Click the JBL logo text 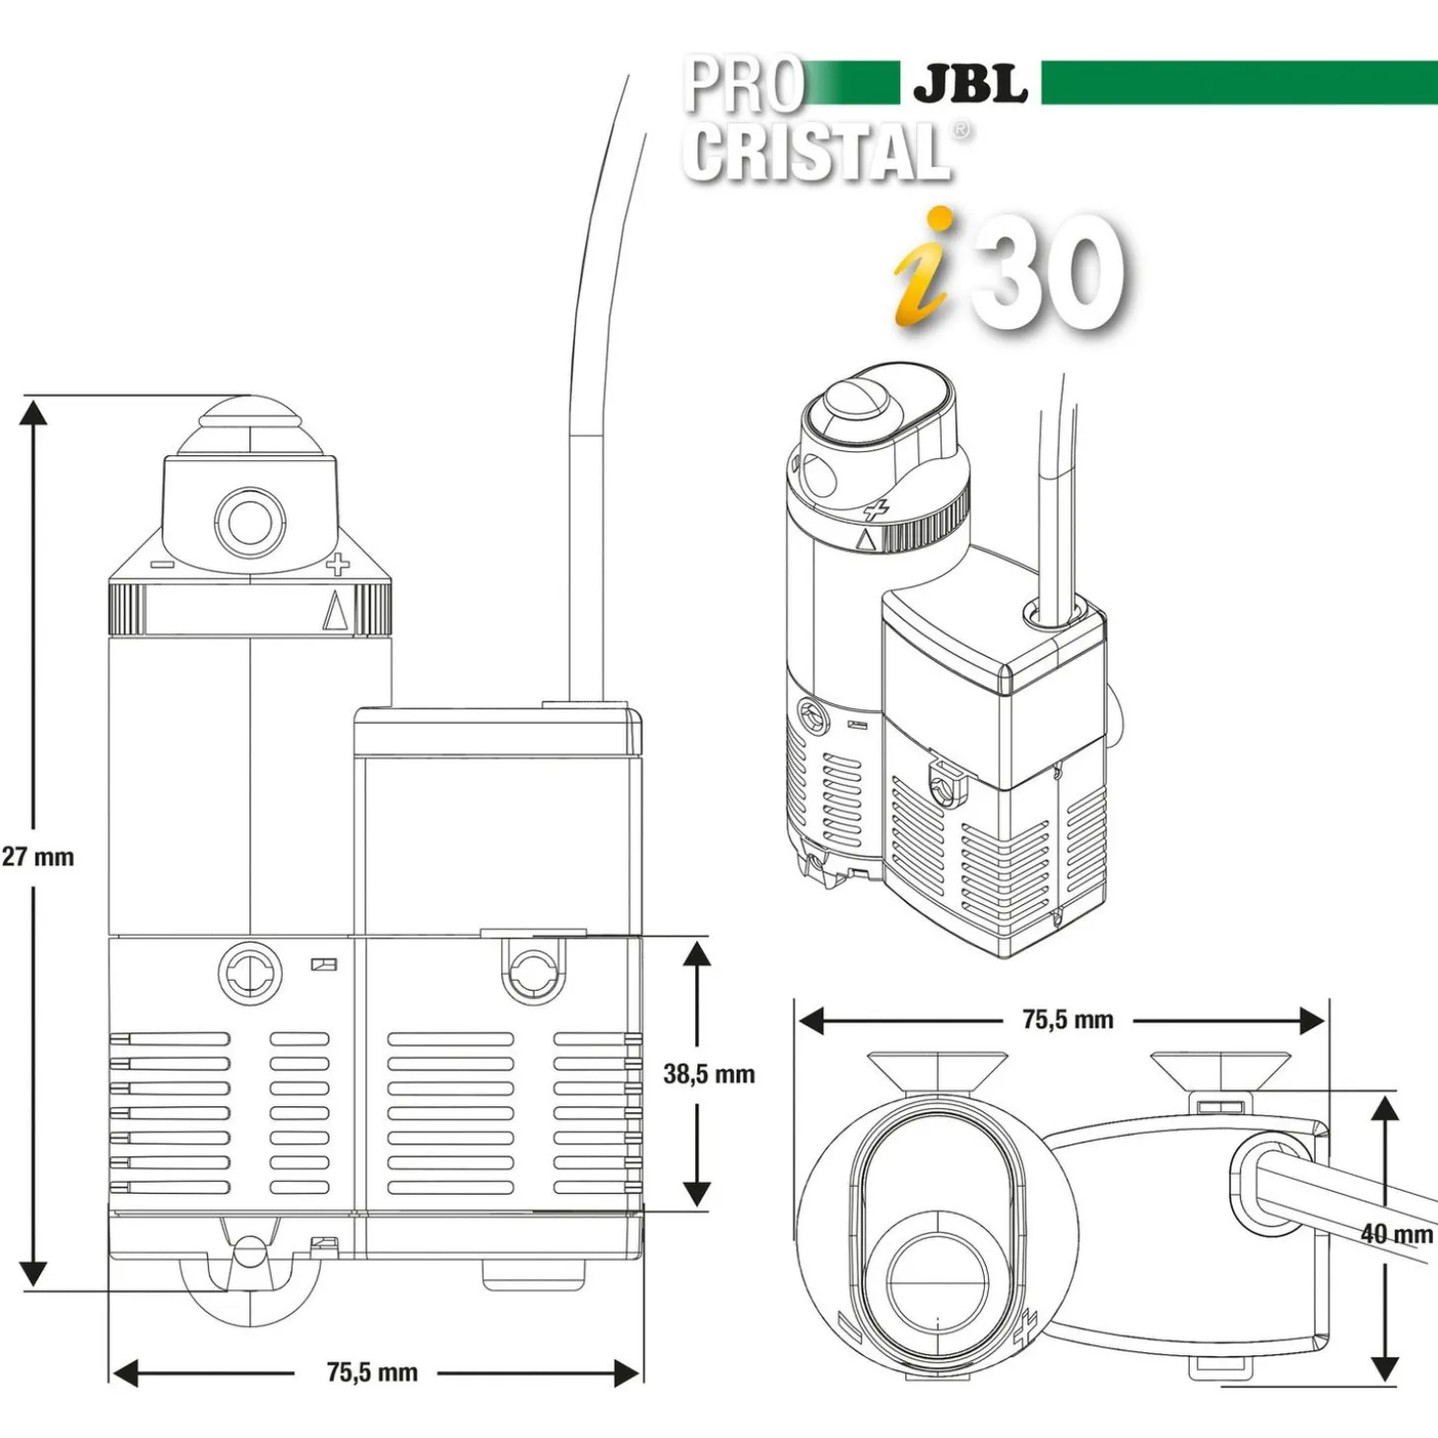click(x=970, y=84)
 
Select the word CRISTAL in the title click(x=817, y=152)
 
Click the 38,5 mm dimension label click(x=709, y=1074)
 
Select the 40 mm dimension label click(x=1396, y=1233)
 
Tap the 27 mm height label click(x=38, y=857)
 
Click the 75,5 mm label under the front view click(x=371, y=1372)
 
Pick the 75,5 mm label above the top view click(x=1068, y=1019)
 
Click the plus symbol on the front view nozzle click(x=337, y=565)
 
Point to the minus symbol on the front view click(x=163, y=565)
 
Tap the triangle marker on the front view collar click(x=335, y=610)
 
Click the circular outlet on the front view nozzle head click(x=250, y=522)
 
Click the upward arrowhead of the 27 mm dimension click(x=34, y=412)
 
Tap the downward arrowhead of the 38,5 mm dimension click(x=697, y=1194)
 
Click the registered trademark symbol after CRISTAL click(x=961, y=130)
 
